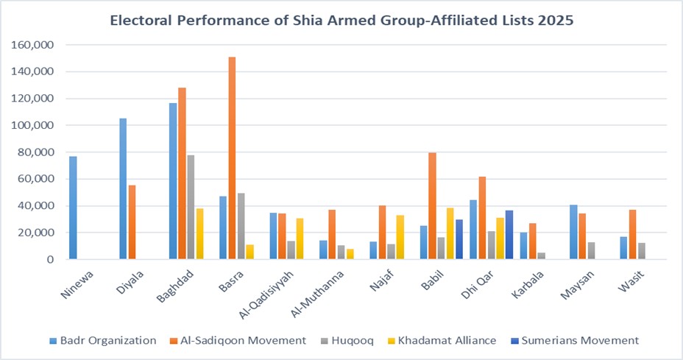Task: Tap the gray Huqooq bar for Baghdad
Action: coord(191,207)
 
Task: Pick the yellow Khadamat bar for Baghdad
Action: coord(199,233)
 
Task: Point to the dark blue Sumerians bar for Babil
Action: coord(459,239)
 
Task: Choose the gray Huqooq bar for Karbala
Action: coord(541,256)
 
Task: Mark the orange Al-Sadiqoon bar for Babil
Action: coord(432,206)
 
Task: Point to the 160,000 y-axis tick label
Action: coord(32,45)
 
